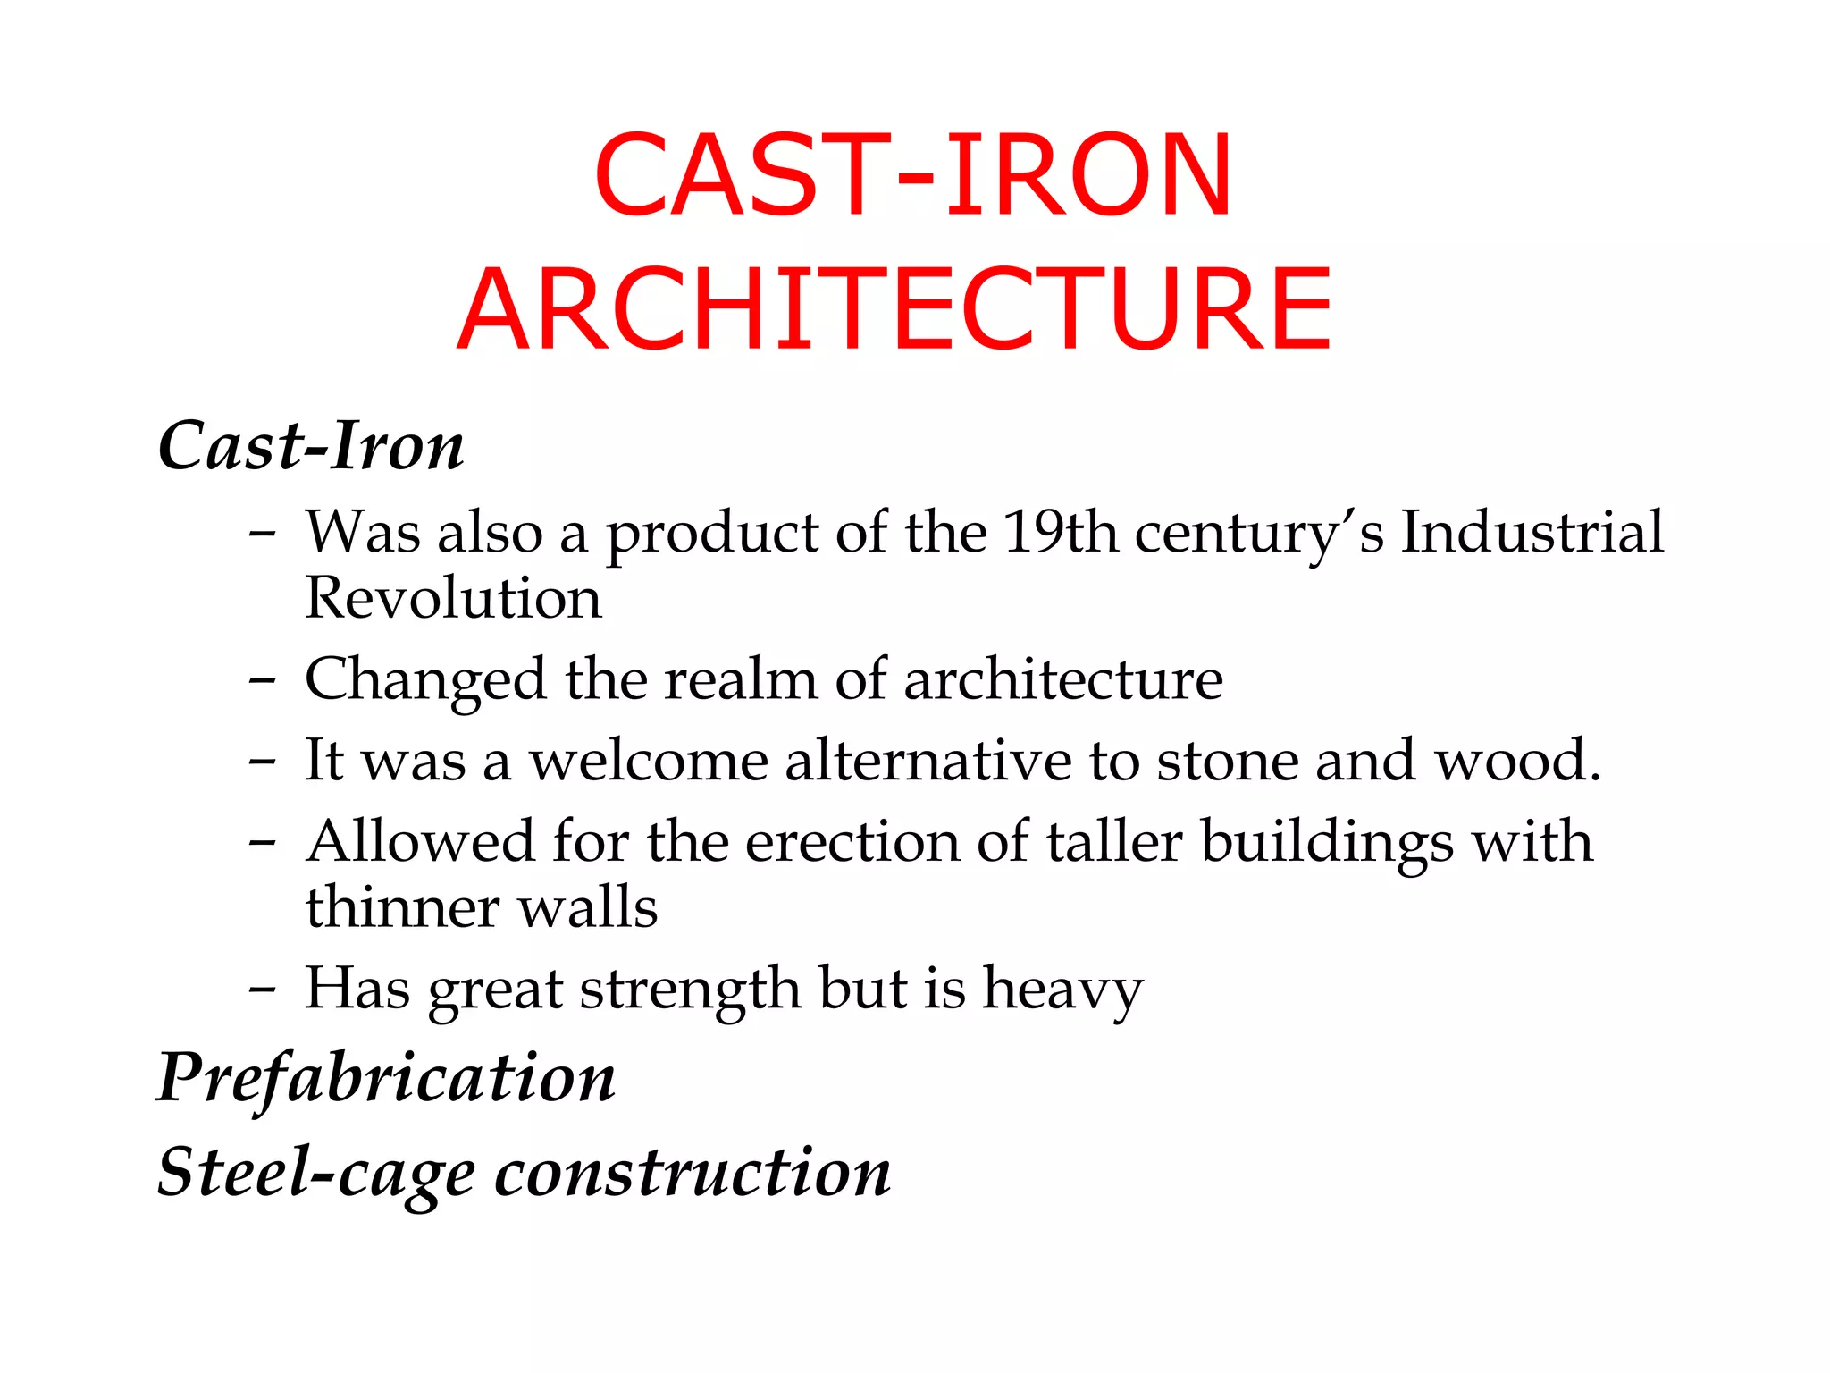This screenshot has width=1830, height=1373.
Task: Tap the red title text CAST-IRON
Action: pyautogui.click(x=913, y=175)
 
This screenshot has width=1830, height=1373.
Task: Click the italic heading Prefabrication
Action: pyautogui.click(x=386, y=1077)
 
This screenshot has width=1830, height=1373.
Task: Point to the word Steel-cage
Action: pyautogui.click(x=316, y=1173)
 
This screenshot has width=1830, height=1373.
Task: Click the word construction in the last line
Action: pyautogui.click(x=693, y=1173)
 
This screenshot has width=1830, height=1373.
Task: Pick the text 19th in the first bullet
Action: pyautogui.click(x=1060, y=533)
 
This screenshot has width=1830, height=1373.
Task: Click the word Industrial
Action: pyautogui.click(x=1532, y=533)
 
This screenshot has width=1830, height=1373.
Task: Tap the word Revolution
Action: pyautogui.click(x=453, y=598)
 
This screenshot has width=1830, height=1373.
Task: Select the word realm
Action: pyautogui.click(x=741, y=680)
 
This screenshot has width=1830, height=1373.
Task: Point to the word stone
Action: pyautogui.click(x=1227, y=761)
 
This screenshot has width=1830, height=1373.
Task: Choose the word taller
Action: pyautogui.click(x=1113, y=842)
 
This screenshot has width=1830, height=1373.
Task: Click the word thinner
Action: pyautogui.click(x=403, y=908)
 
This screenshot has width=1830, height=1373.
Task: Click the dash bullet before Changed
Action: pyautogui.click(x=262, y=681)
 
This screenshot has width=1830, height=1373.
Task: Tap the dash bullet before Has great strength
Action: pyautogui.click(x=262, y=990)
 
